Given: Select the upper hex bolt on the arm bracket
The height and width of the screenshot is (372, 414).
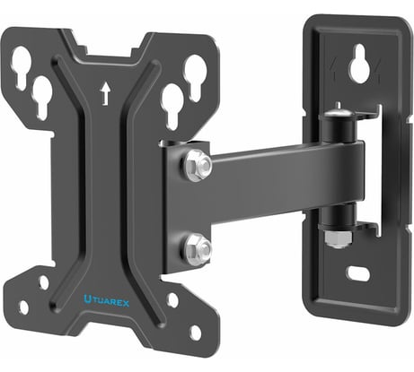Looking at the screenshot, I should pos(198,165).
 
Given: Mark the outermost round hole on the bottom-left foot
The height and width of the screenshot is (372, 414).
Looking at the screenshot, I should pos(23,307).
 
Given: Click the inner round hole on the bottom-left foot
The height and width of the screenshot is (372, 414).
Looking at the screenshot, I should pos(44,281).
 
